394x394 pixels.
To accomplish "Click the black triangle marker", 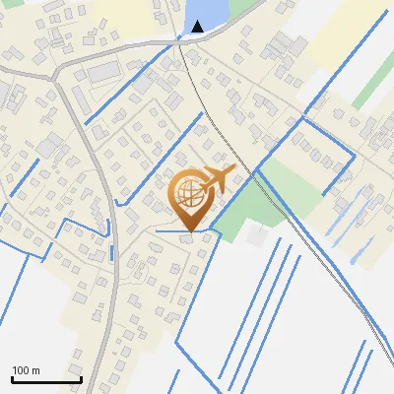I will coord(198,27).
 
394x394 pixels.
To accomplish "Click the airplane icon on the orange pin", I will coord(220,179).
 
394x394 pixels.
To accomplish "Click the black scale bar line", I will coord(46,379).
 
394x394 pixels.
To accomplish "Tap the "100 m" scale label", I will coord(27,370).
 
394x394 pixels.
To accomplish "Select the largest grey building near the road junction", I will coord(102,72).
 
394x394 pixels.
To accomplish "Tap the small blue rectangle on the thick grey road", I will coord(111,254).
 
